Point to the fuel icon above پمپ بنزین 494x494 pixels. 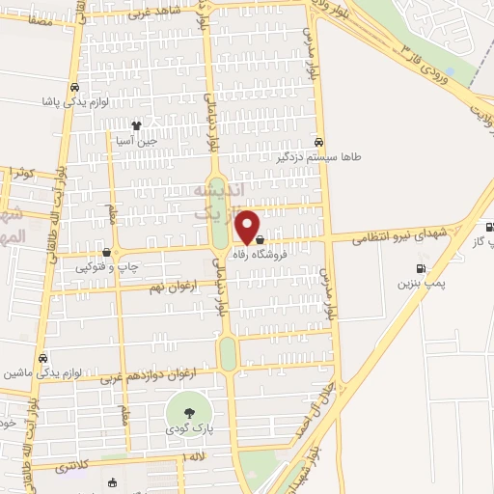pyautogui.click(x=420, y=269)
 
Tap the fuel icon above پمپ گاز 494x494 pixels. pyautogui.click(x=491, y=228)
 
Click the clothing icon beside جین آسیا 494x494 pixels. pyautogui.click(x=136, y=124)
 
